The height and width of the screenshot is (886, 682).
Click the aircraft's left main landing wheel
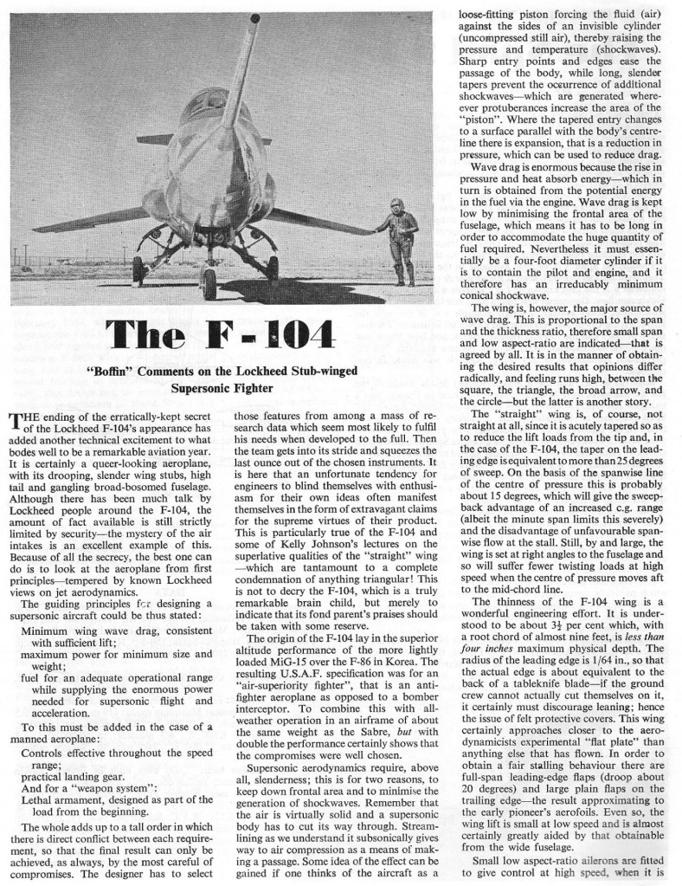point(138,271)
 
